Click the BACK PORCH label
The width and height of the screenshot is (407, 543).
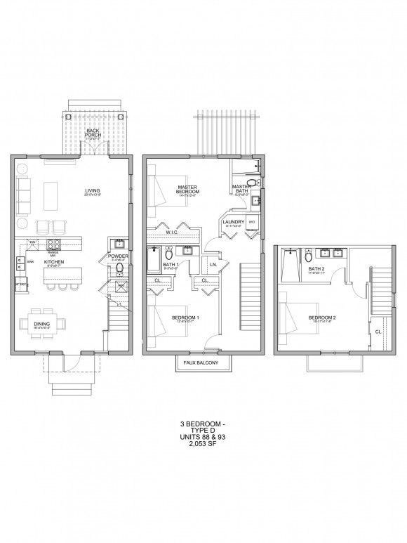click(x=92, y=132)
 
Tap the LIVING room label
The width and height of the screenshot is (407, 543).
click(x=92, y=190)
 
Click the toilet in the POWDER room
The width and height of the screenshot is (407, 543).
click(x=119, y=269)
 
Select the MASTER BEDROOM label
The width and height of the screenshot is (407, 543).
click(x=188, y=189)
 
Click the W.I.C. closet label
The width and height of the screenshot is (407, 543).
click(x=174, y=233)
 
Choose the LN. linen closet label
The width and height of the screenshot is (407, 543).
click(x=213, y=264)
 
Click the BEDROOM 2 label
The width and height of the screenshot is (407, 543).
click(x=323, y=318)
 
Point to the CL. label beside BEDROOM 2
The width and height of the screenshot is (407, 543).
click(x=378, y=331)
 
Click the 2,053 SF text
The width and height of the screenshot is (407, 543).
click(x=203, y=443)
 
